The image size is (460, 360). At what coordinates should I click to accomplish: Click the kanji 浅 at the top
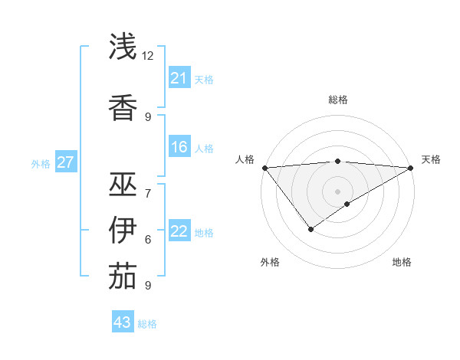coord(123,47)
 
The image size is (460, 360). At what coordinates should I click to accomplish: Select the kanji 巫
coord(123,185)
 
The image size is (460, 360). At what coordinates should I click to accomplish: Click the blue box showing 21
coord(179,78)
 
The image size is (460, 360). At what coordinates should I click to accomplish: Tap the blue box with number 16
coord(179,147)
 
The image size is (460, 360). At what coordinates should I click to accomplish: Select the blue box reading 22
coord(179,231)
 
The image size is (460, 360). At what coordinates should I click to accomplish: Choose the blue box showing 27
coord(66,162)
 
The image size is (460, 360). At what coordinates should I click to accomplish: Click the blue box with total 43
coord(123,322)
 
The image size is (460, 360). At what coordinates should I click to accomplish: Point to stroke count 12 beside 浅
coord(148,56)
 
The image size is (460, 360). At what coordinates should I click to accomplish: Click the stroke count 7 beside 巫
coord(148,193)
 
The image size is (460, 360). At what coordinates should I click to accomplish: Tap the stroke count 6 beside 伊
coord(148,239)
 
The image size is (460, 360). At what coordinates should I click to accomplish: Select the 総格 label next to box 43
coord(147,324)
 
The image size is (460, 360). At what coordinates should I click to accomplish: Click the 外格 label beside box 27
coord(41,163)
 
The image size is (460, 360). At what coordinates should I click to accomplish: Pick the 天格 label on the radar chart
coord(431,159)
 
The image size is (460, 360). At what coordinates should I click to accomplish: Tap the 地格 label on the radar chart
coord(402,262)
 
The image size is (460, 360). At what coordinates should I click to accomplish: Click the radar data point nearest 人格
coord(264,168)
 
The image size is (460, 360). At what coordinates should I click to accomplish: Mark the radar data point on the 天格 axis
coord(411,168)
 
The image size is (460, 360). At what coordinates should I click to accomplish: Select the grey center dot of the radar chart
coord(337,191)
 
